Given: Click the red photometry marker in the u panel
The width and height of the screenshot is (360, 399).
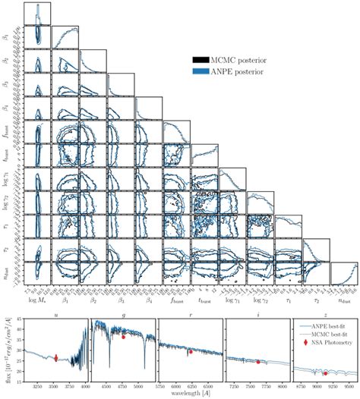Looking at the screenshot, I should [x=55, y=359].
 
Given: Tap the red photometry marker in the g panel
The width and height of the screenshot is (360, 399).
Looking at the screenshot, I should [x=123, y=336].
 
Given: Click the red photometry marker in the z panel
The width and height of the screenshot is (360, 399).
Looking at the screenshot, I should [x=325, y=373].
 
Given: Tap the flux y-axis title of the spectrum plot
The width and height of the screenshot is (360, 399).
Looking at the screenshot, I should [x=8, y=350].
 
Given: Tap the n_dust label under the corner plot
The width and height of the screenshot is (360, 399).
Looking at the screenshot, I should [x=341, y=300].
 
